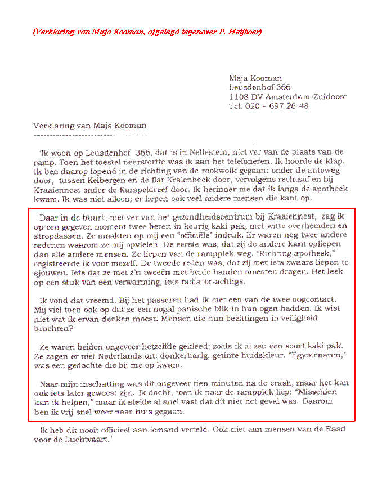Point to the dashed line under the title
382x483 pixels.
90,135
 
